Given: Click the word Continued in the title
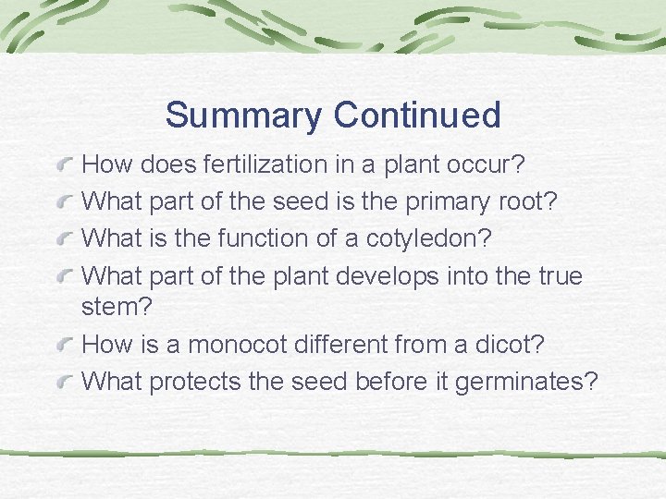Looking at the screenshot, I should pos(417,116).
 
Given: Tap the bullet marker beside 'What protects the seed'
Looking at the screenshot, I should pos(64,381).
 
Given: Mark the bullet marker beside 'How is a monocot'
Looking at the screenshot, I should pos(64,345).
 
